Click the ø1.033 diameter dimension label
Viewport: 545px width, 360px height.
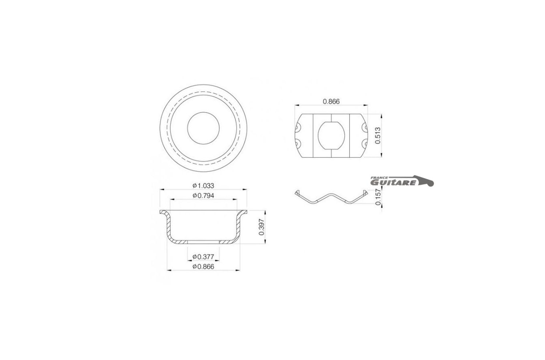click(203, 186)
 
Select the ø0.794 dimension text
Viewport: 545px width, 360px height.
click(203, 196)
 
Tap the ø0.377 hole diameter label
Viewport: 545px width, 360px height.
click(203, 257)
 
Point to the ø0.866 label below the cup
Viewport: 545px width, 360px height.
click(203, 267)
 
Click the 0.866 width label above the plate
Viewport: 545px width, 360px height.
click(331, 101)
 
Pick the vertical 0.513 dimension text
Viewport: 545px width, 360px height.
click(378, 136)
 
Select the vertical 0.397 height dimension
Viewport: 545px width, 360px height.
click(261, 227)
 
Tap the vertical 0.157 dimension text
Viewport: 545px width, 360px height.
click(378, 197)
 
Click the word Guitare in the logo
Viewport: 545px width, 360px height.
click(393, 183)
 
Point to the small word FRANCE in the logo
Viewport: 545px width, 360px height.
click(379, 178)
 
